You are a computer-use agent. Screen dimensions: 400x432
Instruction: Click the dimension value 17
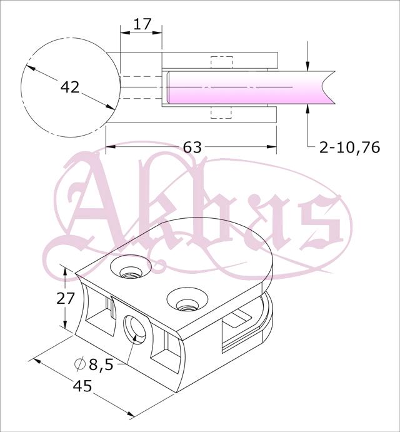pyautogui.click(x=142, y=24)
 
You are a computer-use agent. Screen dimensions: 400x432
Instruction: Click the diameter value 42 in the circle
pyautogui.click(x=70, y=87)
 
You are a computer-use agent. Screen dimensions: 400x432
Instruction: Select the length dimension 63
pyautogui.click(x=192, y=147)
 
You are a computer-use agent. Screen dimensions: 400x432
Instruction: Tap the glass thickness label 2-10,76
pyautogui.click(x=349, y=148)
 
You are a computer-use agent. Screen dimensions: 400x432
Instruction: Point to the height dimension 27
pyautogui.click(x=66, y=298)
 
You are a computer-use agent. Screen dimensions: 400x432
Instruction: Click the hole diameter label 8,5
pyautogui.click(x=101, y=364)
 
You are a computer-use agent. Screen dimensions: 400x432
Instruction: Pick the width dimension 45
pyautogui.click(x=82, y=386)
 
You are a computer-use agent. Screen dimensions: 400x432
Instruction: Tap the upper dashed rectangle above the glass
pyautogui.click(x=222, y=63)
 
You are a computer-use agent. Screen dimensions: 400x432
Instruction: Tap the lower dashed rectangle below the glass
pyautogui.click(x=221, y=113)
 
